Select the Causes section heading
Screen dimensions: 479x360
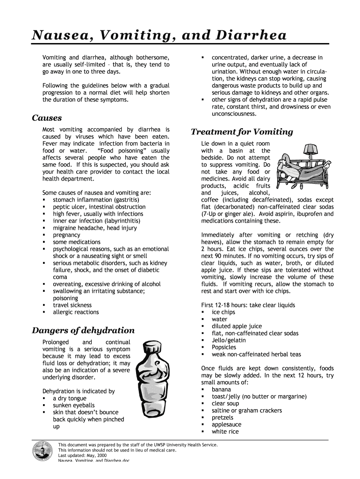click(47, 118)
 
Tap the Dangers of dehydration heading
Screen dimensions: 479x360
click(83, 330)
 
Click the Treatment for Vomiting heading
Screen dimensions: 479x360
click(242, 132)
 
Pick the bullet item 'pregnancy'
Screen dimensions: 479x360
click(66, 235)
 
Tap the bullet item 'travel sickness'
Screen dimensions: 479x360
click(72, 305)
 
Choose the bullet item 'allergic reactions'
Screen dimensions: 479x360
click(76, 312)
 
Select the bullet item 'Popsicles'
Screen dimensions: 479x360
click(224, 347)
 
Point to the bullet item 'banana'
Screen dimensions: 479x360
click(221, 389)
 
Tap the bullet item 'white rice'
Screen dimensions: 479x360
click(225, 431)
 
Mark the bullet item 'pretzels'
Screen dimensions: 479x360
click(222, 417)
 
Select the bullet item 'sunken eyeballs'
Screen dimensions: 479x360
click(73, 405)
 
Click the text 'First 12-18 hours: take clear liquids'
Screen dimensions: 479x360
click(248, 305)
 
